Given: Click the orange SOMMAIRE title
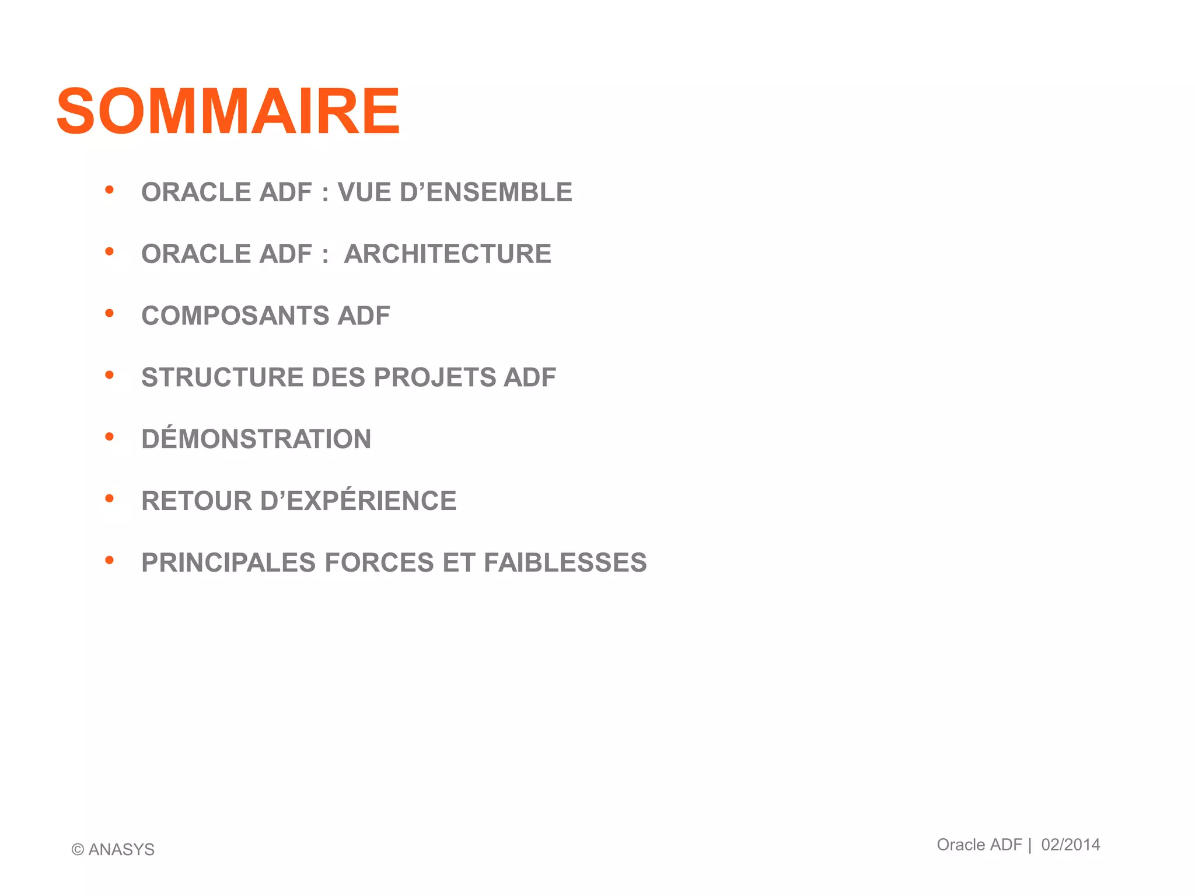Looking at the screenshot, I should pyautogui.click(x=228, y=111).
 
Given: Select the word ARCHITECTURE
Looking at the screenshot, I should pyautogui.click(x=448, y=254).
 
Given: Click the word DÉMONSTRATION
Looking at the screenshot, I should pyautogui.click(x=256, y=439).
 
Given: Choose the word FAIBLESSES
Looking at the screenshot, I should pyautogui.click(x=565, y=563).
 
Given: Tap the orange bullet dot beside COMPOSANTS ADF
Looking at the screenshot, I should pyautogui.click(x=109, y=313).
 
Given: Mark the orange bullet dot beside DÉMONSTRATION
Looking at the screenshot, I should pyautogui.click(x=109, y=437).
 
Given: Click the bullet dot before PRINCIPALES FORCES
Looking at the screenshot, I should pyautogui.click(x=109, y=561).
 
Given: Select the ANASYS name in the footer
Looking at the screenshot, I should pyautogui.click(x=121, y=850).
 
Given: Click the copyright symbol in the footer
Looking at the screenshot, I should pyautogui.click(x=78, y=850).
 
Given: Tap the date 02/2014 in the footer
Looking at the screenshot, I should pyautogui.click(x=1071, y=845).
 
